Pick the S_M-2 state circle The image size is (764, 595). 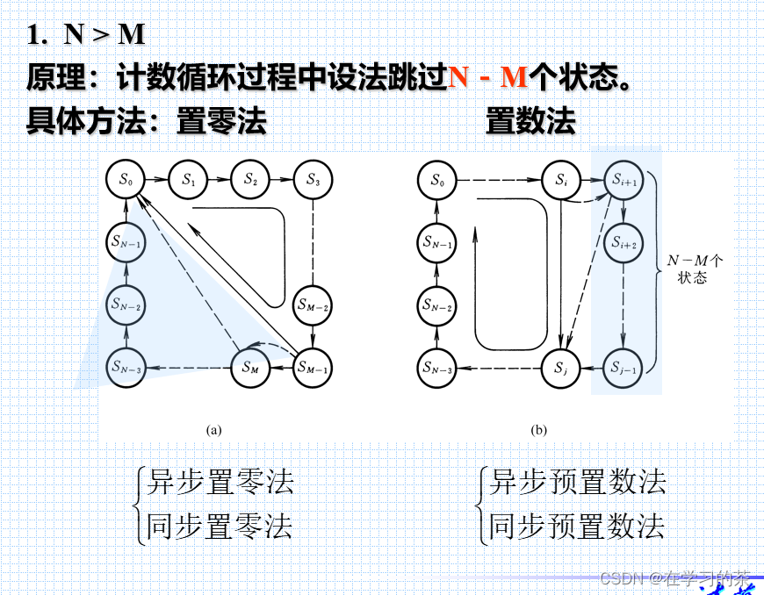point(312,305)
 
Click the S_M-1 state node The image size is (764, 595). point(312,367)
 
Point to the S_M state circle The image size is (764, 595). point(250,367)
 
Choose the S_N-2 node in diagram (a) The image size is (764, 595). point(126,305)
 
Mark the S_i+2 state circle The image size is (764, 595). point(623,241)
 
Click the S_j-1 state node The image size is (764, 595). point(623,367)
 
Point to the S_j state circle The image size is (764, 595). point(560,367)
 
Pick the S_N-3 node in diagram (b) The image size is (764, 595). point(437,367)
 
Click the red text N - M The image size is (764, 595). point(487,77)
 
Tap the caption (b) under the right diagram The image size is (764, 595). point(538,430)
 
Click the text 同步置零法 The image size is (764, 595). point(219,526)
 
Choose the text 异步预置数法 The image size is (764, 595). point(577,482)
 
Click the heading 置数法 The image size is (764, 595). point(530,121)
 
